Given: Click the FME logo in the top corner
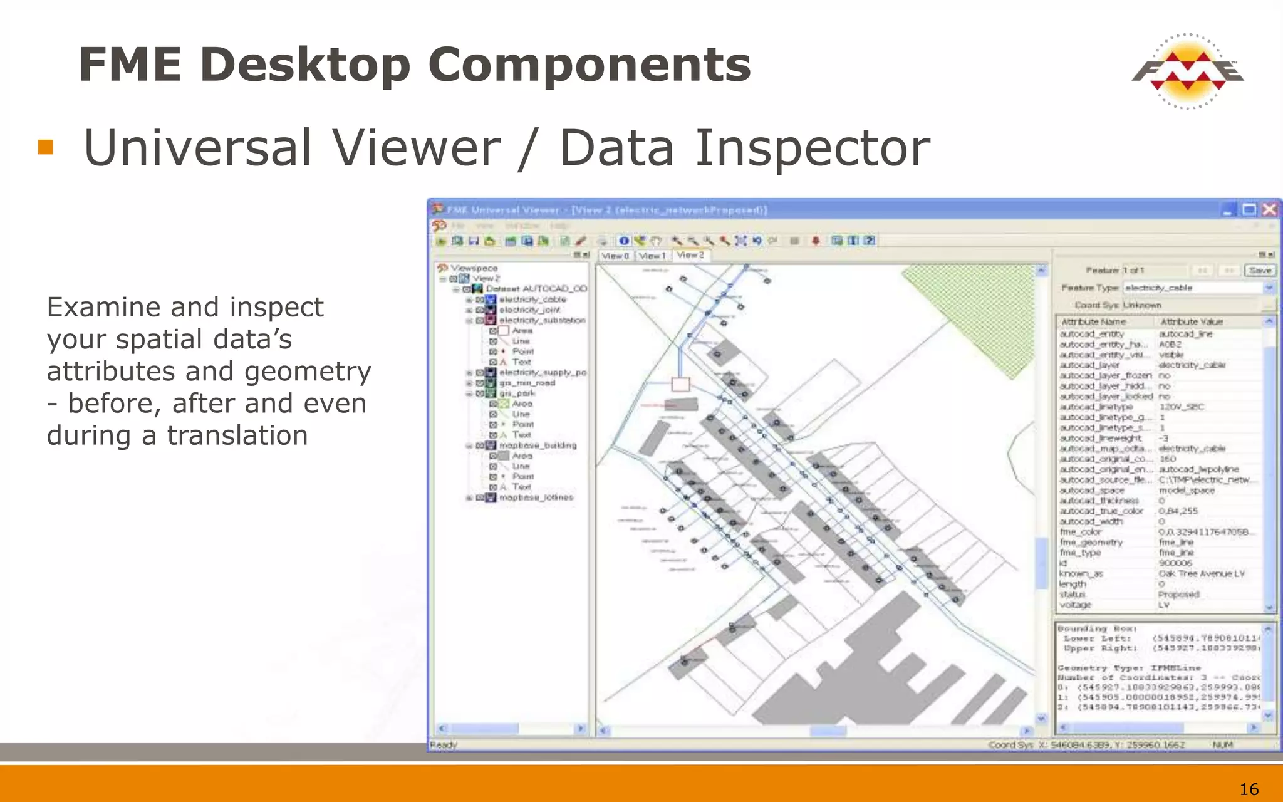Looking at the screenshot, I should (x=1187, y=71).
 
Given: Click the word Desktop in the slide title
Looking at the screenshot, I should (x=306, y=65).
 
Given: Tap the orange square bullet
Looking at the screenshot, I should (x=45, y=147).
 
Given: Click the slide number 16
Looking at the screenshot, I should (x=1249, y=789).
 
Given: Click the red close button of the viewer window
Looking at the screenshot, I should (x=1269, y=209).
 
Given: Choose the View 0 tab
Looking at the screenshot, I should (x=615, y=256).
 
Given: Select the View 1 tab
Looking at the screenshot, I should (x=652, y=256).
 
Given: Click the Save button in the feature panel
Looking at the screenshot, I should (x=1260, y=270).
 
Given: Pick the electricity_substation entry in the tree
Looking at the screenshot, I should (x=542, y=320).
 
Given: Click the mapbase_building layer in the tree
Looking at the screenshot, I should (x=538, y=445).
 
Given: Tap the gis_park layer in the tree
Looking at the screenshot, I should (x=517, y=393).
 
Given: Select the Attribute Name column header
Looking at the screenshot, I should (x=1093, y=321).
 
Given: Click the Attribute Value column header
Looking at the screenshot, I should (x=1192, y=321).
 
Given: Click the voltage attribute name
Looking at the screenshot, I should (x=1076, y=605).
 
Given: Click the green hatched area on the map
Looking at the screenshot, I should (x=977, y=313).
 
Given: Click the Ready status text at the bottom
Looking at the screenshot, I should (x=444, y=745).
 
